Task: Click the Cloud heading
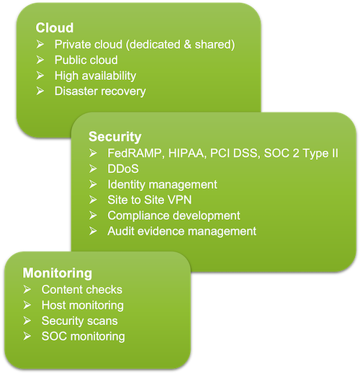[55, 28]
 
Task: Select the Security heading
[114, 136]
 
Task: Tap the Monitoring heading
[57, 273]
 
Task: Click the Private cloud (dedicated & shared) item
[145, 45]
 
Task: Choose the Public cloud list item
[86, 60]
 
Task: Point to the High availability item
[95, 76]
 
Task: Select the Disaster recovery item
[100, 91]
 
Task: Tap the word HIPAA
[186, 153]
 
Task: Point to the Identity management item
[162, 184]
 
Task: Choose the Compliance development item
[174, 215]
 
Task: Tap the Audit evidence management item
[181, 231]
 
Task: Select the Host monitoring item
[82, 306]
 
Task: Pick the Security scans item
[79, 321]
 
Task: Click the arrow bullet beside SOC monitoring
[27, 337]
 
